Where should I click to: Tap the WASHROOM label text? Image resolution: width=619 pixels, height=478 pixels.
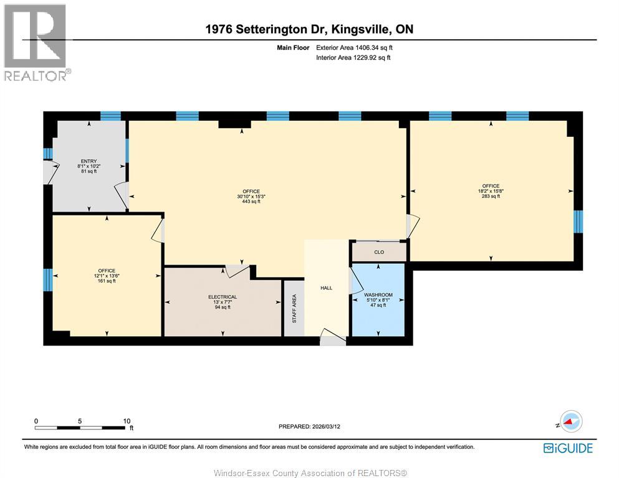pos(378,294)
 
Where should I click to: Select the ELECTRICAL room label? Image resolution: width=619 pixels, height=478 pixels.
pos(223,297)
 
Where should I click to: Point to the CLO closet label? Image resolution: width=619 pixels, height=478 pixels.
pos(379,252)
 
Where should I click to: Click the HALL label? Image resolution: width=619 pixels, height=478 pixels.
pos(326,288)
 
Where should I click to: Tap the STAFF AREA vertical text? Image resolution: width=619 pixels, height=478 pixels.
pos(294,308)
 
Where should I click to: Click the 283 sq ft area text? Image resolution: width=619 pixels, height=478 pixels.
pos(491,197)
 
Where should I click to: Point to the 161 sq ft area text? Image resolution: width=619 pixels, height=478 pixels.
pos(107,281)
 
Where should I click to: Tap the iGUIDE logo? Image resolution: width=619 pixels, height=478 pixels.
pos(567,448)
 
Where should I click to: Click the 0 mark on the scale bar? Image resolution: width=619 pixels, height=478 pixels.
pos(36,421)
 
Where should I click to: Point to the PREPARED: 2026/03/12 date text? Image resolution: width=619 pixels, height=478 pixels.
pos(310,426)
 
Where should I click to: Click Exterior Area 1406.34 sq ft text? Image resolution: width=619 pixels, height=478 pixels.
pos(354,47)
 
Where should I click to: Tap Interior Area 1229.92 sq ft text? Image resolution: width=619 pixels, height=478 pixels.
pos(353,58)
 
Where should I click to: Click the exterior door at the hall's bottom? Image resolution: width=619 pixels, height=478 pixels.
pos(333,340)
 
